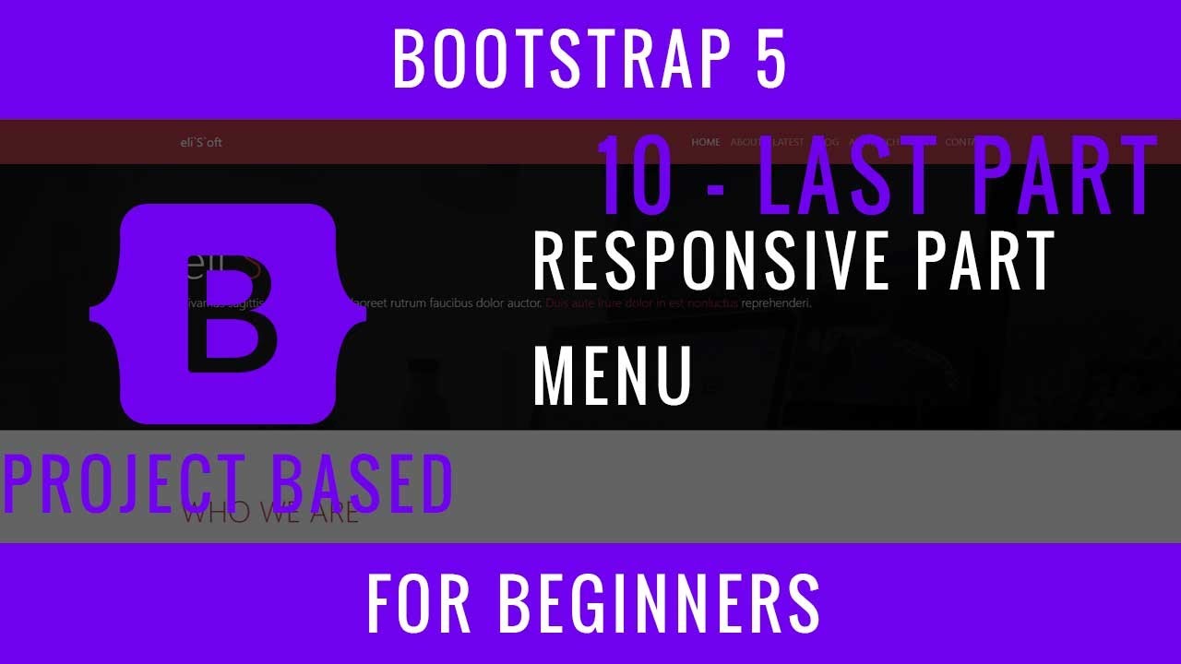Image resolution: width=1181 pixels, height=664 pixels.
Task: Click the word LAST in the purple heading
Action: [x=845, y=176]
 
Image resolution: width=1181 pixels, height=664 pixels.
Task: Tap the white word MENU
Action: [x=613, y=375]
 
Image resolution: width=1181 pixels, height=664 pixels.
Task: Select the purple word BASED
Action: [x=354, y=485]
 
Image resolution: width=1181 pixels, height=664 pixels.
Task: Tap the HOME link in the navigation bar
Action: [x=706, y=142]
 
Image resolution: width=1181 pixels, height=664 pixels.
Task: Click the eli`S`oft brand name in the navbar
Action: [x=201, y=142]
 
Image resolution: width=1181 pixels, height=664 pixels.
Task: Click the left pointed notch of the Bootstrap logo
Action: [x=93, y=314]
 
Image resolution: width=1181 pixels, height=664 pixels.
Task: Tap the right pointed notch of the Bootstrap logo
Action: [x=364, y=314]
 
